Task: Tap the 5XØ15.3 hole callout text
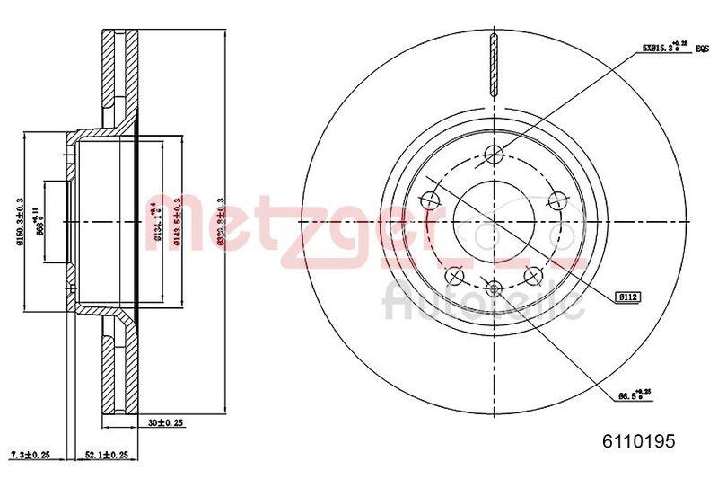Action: click(659, 47)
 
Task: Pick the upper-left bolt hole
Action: click(429, 200)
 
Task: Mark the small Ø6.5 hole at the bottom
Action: click(493, 287)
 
